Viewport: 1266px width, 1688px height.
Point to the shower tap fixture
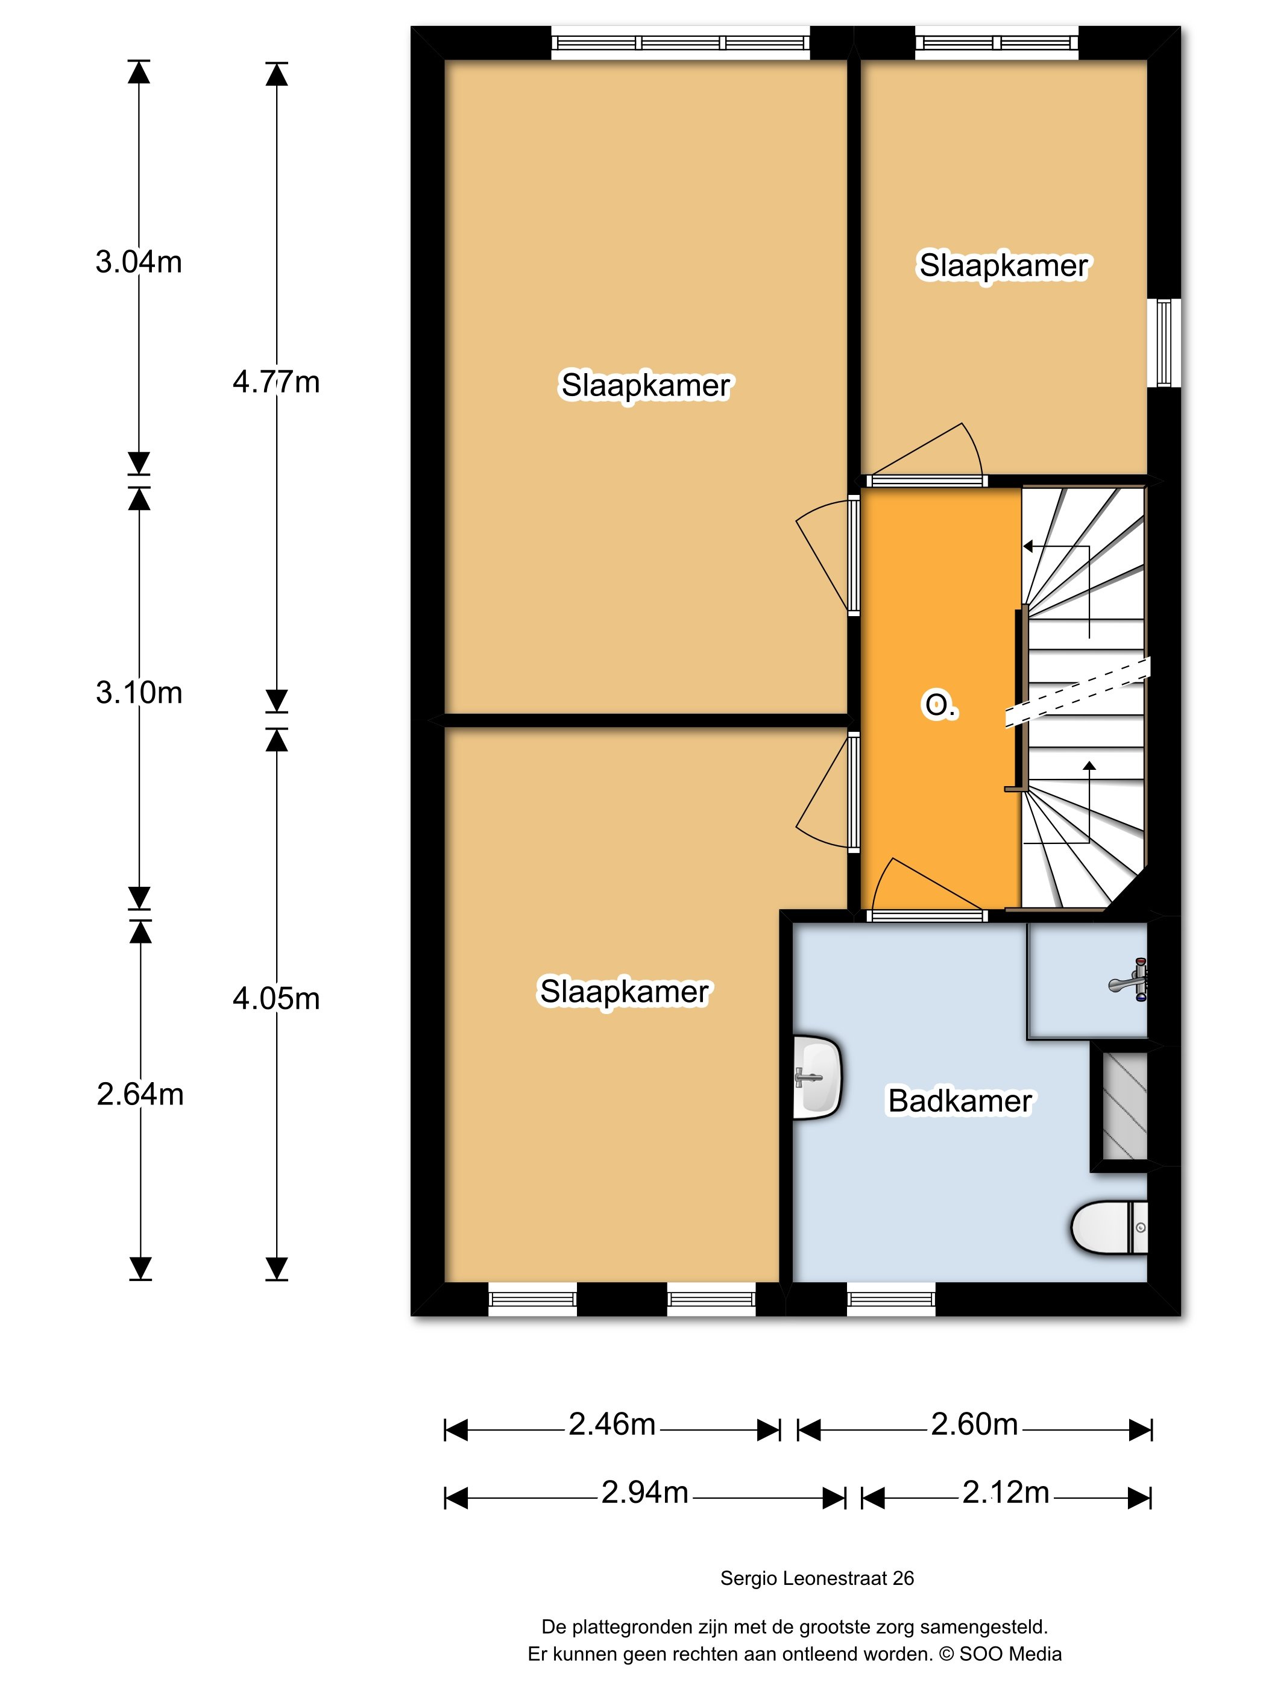(1129, 979)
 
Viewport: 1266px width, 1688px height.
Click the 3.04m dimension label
(139, 262)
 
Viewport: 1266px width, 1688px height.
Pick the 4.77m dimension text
(276, 382)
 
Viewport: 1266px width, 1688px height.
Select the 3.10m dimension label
(139, 692)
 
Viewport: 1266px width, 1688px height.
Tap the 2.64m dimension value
(140, 1094)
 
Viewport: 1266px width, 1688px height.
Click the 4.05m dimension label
(276, 998)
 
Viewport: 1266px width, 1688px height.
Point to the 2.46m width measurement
(612, 1424)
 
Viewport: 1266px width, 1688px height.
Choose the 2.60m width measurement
(974, 1424)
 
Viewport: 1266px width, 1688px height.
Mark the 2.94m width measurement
(645, 1492)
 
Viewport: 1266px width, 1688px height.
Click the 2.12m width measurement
(1006, 1492)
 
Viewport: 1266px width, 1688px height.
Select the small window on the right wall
(1165, 342)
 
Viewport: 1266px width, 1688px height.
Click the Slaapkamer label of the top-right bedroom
(1004, 266)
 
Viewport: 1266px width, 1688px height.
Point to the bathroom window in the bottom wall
(890, 1299)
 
